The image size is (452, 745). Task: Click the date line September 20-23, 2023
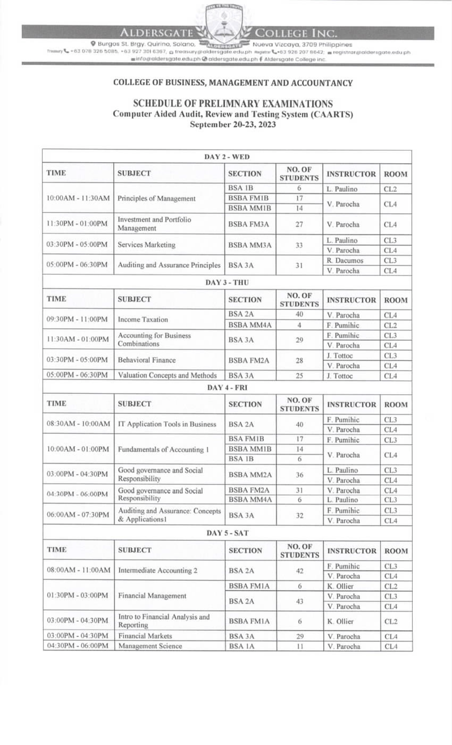click(x=233, y=124)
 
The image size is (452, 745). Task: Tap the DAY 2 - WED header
click(x=227, y=157)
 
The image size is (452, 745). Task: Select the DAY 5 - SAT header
click(x=228, y=533)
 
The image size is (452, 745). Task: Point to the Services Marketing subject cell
click(x=147, y=245)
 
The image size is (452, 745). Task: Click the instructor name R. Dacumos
click(x=345, y=261)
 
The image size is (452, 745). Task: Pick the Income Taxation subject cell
click(x=143, y=319)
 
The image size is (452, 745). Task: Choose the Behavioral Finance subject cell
click(x=147, y=360)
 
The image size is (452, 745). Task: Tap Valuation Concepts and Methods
click(x=167, y=376)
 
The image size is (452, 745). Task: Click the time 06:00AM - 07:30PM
click(x=78, y=515)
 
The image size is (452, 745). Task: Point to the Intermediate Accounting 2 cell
click(x=157, y=570)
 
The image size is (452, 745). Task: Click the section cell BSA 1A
click(x=241, y=646)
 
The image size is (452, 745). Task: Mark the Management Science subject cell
click(x=150, y=646)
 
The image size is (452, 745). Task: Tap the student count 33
click(x=299, y=245)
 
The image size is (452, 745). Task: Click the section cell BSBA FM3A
click(x=248, y=224)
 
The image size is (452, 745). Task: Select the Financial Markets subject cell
click(x=145, y=636)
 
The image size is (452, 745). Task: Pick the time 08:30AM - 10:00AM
click(x=78, y=424)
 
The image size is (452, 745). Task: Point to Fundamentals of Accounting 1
click(x=163, y=449)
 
